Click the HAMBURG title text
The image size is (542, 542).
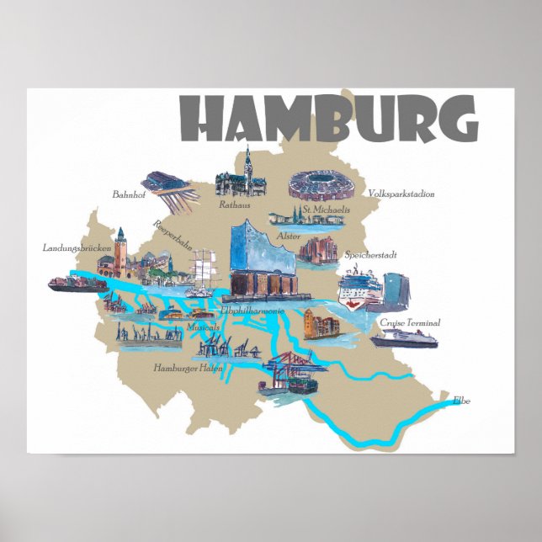coord(329,120)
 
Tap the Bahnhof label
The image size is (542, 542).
coord(129,194)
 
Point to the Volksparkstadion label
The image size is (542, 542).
coord(401,194)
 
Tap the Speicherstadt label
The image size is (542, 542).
coord(370,254)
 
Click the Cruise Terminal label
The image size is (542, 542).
coord(410,322)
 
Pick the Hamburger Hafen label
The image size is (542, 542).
coord(188,368)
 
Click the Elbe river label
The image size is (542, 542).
coord(461,400)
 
